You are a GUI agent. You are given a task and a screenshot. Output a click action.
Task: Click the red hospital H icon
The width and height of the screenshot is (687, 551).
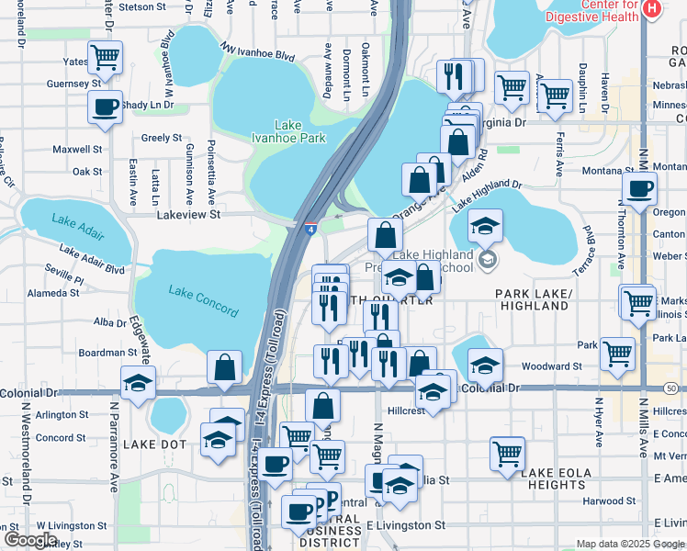click(651, 9)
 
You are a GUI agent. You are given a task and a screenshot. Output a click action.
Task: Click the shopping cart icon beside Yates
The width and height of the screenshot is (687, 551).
click(106, 58)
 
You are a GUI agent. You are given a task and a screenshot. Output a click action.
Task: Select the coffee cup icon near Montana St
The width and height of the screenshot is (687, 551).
click(639, 188)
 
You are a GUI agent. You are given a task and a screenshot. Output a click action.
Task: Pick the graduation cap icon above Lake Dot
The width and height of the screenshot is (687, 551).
click(138, 382)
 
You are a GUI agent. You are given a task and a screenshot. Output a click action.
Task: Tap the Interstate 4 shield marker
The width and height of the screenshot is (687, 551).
click(312, 229)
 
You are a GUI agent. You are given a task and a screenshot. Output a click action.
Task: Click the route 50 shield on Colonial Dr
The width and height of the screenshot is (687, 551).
click(673, 389)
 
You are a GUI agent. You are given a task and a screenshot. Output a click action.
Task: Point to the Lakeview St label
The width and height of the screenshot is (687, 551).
click(190, 214)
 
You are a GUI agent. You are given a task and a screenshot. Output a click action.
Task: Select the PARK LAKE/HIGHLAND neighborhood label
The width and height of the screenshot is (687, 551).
click(532, 299)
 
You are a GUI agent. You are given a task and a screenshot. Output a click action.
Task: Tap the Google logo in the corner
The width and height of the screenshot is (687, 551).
click(30, 539)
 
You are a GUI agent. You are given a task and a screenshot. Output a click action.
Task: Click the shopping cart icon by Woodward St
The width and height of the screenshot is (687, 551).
click(617, 352)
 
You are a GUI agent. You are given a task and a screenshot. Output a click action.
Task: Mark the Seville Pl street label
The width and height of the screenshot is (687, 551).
click(64, 278)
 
